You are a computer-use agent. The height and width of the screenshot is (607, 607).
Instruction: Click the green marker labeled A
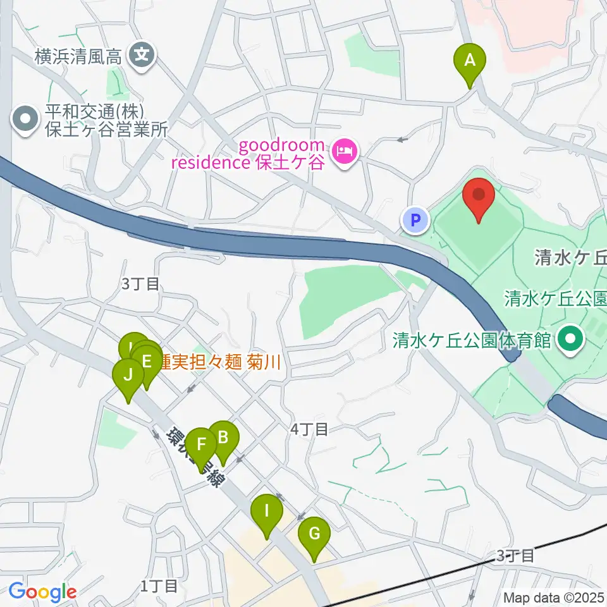coord(470,61)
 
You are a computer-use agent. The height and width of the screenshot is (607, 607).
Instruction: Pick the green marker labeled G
coord(314,534)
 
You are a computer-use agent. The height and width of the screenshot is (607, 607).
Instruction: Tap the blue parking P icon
coord(415,221)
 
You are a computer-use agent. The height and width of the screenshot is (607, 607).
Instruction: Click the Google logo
coord(42,592)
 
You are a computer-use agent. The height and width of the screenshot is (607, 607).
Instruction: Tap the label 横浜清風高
coord(78,58)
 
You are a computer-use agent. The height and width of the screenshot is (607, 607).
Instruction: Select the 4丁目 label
coord(309,430)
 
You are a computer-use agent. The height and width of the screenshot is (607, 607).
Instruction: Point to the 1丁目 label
coord(159,586)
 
